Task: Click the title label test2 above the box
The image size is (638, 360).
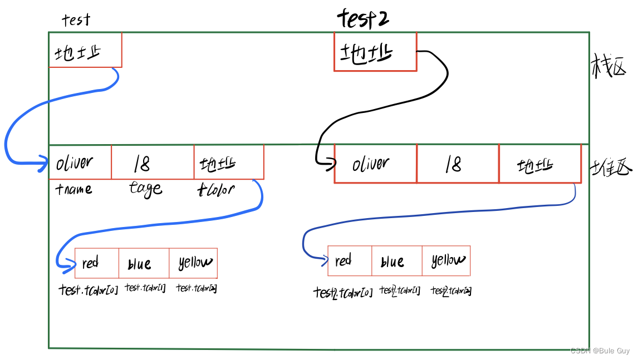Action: point(363,19)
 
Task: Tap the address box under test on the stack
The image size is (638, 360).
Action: point(85,51)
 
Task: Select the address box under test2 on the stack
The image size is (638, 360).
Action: point(375,52)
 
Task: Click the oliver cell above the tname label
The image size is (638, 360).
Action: point(80,162)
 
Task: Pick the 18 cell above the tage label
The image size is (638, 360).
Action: point(153,162)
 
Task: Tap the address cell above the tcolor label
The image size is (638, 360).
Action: point(228,162)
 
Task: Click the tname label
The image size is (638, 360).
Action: point(74,189)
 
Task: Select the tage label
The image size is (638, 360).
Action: point(146,189)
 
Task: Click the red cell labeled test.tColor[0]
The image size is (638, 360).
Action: point(96,263)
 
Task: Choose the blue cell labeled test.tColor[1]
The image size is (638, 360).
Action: point(144,263)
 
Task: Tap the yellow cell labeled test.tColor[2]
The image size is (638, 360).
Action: point(193,263)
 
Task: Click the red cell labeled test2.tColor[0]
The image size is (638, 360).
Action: point(350,260)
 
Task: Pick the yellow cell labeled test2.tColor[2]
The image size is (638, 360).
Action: point(446,260)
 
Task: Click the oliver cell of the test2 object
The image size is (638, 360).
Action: point(375,164)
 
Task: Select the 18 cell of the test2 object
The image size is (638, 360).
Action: point(458,164)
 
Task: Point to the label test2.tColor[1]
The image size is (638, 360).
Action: point(400,290)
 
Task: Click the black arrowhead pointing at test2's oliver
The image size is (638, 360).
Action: point(331,163)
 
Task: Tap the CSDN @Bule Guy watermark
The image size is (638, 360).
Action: point(600,351)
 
